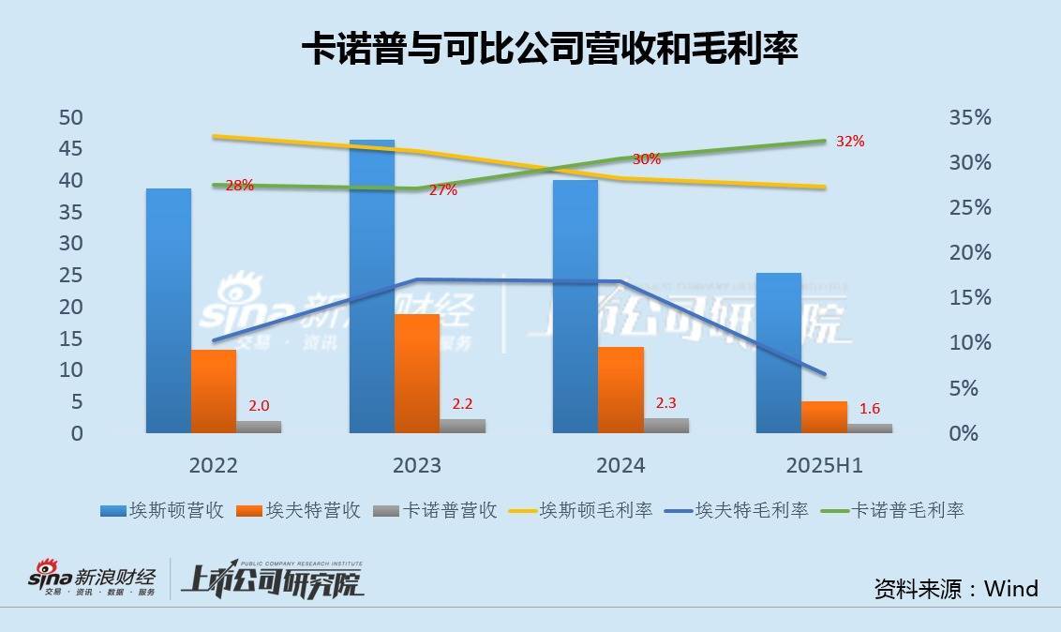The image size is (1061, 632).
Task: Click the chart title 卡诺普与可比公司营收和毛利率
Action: click(x=549, y=49)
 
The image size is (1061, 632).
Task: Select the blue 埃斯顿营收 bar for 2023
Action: click(x=372, y=286)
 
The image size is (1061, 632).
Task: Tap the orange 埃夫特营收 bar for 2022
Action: click(x=214, y=391)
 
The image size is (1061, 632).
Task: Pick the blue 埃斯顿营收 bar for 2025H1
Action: click(x=778, y=353)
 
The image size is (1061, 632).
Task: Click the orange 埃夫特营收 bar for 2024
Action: click(x=620, y=390)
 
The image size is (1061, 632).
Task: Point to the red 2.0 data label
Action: click(x=259, y=406)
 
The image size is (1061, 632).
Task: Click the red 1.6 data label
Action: click(x=869, y=409)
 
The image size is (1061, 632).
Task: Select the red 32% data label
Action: click(x=849, y=142)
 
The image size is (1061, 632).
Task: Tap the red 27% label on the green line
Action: click(x=442, y=190)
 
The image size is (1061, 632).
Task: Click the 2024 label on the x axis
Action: click(x=620, y=466)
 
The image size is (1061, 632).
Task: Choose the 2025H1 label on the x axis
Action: click(x=825, y=466)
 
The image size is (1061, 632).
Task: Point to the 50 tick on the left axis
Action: click(x=71, y=117)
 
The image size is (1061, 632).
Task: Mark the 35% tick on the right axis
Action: click(x=969, y=117)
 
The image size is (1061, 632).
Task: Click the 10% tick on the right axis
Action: click(x=969, y=343)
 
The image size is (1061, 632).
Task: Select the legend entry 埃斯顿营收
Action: click(x=161, y=511)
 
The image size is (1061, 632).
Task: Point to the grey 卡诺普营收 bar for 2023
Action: click(x=463, y=426)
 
